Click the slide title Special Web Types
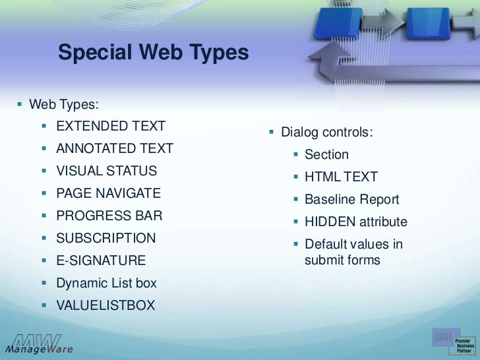tap(153, 52)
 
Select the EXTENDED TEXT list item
tap(110, 126)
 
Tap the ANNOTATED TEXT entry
tap(114, 148)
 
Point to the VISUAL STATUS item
tap(106, 171)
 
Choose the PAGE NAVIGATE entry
tap(108, 193)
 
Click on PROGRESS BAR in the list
tap(109, 216)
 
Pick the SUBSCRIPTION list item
tap(105, 238)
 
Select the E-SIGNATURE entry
tap(100, 260)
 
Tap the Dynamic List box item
tap(106, 283)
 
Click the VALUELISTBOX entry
tap(105, 305)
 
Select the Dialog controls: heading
tap(326, 133)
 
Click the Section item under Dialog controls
tap(326, 155)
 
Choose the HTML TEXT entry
tap(341, 177)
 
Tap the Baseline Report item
tap(351, 199)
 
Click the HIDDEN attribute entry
tap(355, 222)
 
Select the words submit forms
tap(342, 260)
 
